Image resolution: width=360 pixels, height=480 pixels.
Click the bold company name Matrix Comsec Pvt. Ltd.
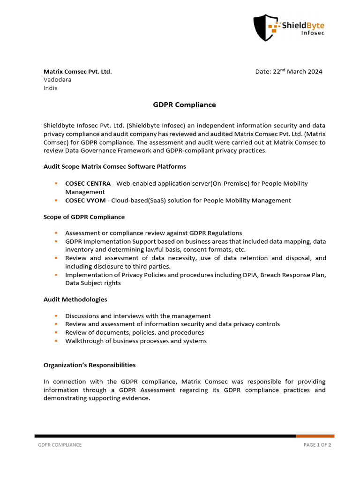pos(77,72)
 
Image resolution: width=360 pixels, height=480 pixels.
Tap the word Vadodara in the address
pos(58,80)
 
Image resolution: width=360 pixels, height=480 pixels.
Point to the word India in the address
pos(51,88)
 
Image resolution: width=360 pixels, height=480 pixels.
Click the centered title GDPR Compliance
pos(184,105)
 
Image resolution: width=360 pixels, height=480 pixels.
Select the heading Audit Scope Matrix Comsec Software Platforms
pos(114,166)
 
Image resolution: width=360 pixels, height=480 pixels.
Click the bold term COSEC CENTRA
pos(88,183)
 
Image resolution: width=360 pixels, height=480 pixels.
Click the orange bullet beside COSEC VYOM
pos(56,200)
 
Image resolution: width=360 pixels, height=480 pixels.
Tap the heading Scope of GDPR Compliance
pos(84,217)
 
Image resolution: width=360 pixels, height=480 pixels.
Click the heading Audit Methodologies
pos(75,299)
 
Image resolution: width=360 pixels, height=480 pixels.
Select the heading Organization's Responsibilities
pos(90,365)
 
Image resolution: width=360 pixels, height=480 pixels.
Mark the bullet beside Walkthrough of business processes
pos(56,341)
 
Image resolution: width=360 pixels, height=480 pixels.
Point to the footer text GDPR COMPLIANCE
pos(60,445)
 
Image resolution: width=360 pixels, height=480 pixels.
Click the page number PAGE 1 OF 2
pos(317,445)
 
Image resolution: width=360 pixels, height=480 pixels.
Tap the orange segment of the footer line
pos(315,436)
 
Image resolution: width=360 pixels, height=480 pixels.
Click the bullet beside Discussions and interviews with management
pos(56,316)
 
